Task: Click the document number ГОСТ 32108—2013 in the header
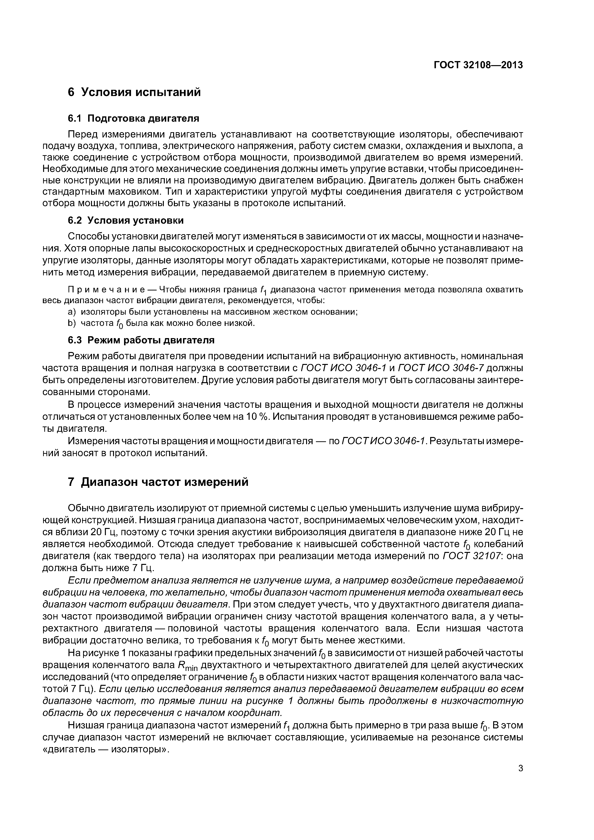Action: pyautogui.click(x=478, y=65)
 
